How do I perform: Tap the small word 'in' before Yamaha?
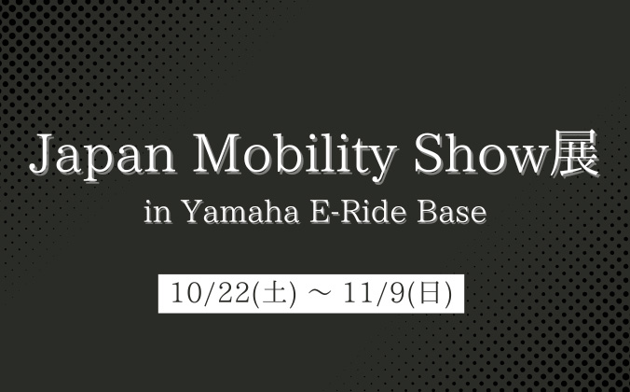click(156, 214)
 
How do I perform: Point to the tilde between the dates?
click(318, 294)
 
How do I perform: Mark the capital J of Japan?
click(40, 157)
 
